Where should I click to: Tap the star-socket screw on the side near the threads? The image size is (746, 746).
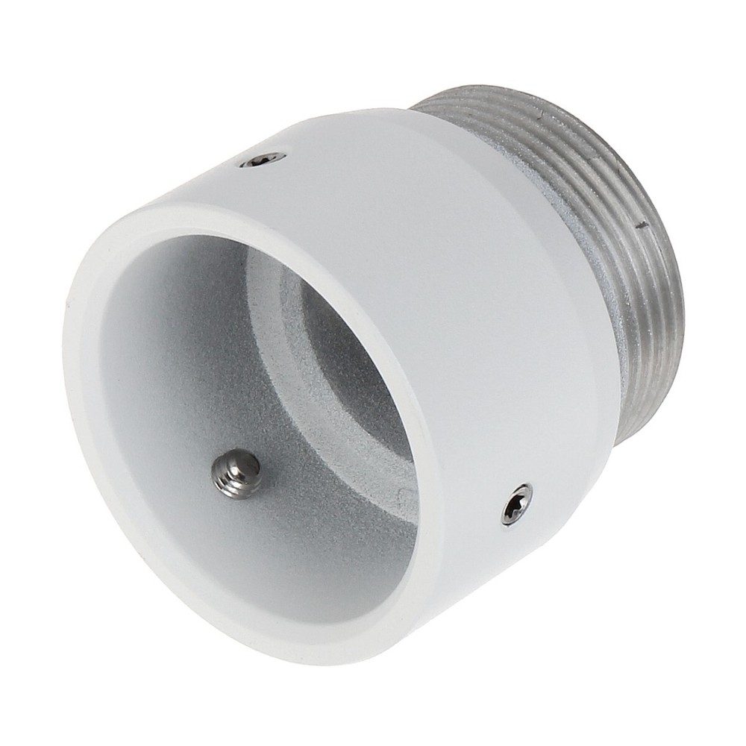coord(517,504)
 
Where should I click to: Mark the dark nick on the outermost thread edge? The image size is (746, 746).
coord(640,222)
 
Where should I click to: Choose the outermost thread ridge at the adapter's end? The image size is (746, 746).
coord(664,283)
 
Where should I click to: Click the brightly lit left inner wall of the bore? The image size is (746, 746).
coord(149,373)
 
